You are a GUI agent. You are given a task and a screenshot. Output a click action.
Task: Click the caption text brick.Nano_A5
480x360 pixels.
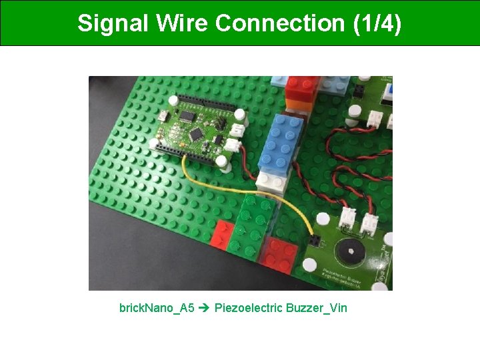click(x=157, y=308)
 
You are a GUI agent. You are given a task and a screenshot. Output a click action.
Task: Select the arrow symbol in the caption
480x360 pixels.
click(x=205, y=308)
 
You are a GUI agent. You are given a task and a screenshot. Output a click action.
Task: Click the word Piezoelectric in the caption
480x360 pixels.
click(x=248, y=308)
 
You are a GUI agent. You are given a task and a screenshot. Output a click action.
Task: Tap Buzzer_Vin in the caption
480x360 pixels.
click(x=317, y=308)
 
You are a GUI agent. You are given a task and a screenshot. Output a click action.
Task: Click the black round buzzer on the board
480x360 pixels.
click(x=347, y=252)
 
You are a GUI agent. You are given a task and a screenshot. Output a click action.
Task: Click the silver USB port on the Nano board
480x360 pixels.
click(x=164, y=117)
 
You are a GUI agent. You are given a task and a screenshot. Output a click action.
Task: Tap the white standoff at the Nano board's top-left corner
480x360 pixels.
click(x=172, y=101)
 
